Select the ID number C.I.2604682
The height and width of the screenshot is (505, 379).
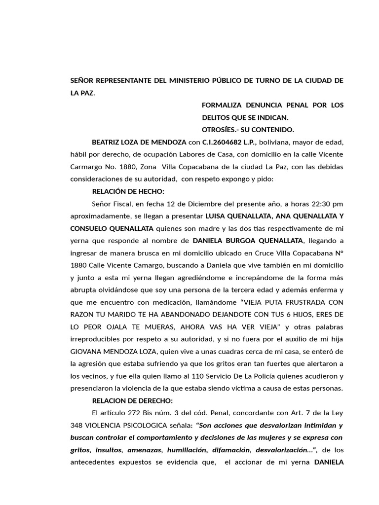[227, 143]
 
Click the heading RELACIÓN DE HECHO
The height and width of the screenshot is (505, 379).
[128, 191]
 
